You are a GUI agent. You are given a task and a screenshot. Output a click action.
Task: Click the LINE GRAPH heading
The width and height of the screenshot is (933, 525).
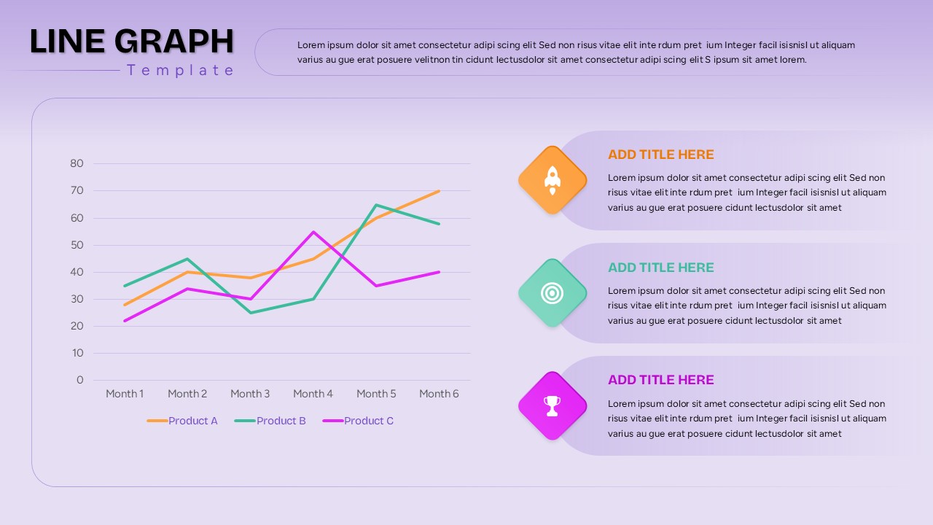(x=131, y=42)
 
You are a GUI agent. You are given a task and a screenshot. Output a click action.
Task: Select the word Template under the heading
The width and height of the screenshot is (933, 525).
(x=181, y=70)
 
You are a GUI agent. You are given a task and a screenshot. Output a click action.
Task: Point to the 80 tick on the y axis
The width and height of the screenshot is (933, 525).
(x=77, y=163)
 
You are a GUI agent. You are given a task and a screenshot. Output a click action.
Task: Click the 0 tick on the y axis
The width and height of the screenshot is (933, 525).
(x=80, y=380)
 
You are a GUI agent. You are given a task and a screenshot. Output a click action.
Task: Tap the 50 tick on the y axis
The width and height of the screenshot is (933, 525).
(x=77, y=245)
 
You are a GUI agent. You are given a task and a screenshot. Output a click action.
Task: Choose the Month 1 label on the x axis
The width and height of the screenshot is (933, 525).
(x=125, y=394)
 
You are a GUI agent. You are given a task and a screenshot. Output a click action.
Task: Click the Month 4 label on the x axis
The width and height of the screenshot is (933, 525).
(x=313, y=394)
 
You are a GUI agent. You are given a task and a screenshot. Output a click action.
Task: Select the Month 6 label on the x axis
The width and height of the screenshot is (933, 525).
(x=439, y=394)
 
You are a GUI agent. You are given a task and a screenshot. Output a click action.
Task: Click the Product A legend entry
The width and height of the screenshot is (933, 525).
(x=183, y=421)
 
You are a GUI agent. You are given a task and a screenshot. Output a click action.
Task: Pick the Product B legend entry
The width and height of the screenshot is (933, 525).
(x=270, y=421)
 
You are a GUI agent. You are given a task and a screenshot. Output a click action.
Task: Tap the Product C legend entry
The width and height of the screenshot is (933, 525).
(x=358, y=421)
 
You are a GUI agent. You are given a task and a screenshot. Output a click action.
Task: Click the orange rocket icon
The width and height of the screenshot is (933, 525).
(x=553, y=180)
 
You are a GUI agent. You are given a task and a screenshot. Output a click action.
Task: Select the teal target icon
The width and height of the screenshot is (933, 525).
(x=553, y=293)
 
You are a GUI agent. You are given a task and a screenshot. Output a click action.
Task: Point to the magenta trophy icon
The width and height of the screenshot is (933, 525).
(x=553, y=406)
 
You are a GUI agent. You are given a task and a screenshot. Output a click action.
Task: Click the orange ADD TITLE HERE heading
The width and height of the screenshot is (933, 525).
(x=661, y=155)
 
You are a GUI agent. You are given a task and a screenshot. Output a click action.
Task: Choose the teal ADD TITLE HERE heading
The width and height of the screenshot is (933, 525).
(x=661, y=268)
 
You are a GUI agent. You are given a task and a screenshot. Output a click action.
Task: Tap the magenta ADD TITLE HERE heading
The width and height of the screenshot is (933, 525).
(x=661, y=380)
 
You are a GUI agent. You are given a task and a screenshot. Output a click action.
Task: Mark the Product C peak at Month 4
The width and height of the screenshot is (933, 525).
(x=313, y=232)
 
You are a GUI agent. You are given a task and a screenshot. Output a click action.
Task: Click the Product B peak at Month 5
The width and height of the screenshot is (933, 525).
(x=376, y=205)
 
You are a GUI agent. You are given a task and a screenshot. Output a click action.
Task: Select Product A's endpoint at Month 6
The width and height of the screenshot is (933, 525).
(x=439, y=191)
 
